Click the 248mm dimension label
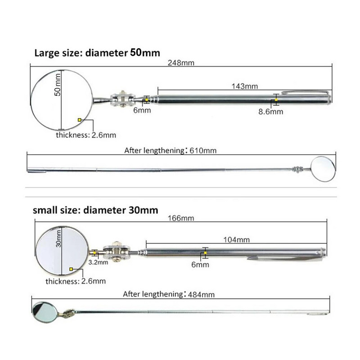(181, 63)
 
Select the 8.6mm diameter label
(270, 112)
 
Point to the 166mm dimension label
(181, 218)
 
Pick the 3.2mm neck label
(98, 262)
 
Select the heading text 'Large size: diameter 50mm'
(97, 52)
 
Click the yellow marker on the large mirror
(80, 120)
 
